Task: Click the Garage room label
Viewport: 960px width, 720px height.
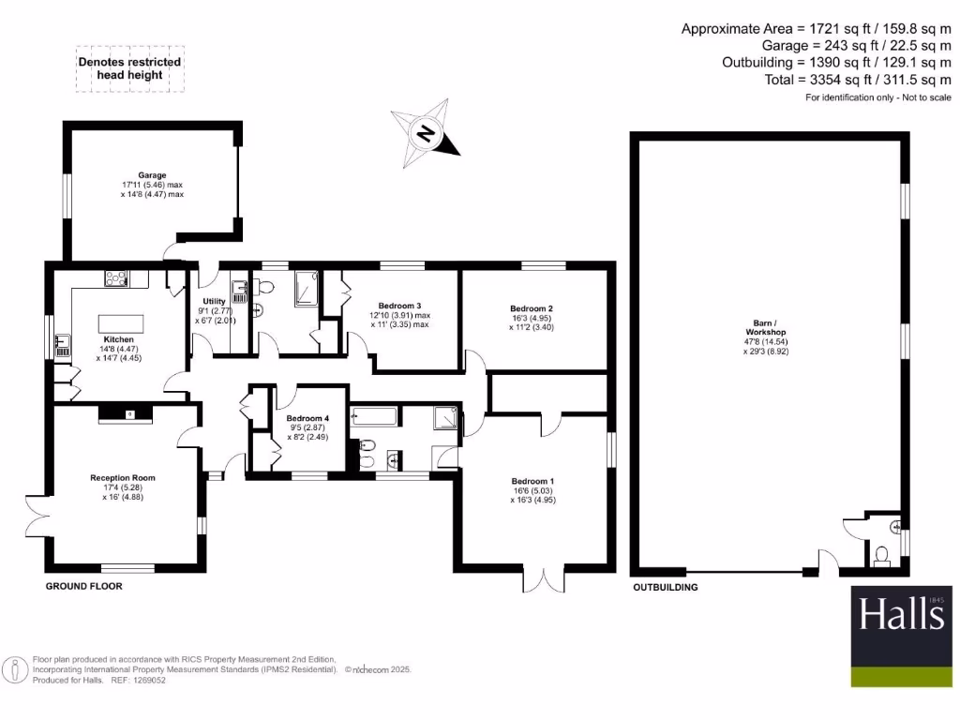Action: coord(153,175)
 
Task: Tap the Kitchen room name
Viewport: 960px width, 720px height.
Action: coord(118,339)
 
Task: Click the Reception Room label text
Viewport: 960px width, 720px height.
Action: coord(123,478)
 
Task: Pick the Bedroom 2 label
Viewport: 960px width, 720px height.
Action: coord(532,308)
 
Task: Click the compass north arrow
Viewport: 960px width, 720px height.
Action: coord(426,133)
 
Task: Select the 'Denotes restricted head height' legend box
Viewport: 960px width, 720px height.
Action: coord(128,68)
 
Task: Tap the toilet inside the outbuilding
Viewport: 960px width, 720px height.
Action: coord(880,557)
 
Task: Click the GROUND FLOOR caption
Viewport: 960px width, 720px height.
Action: coord(84,586)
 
